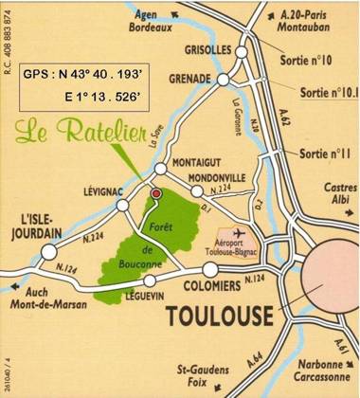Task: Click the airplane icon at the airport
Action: click(239, 230)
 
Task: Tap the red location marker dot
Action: click(155, 193)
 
